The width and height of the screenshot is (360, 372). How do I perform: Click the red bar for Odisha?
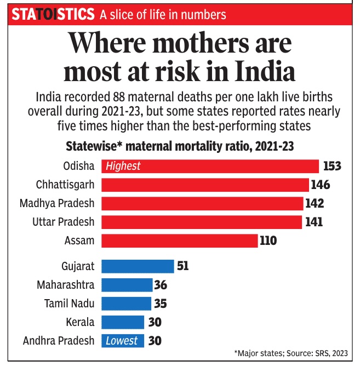pos(210,167)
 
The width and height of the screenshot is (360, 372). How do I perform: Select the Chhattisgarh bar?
pos(205,185)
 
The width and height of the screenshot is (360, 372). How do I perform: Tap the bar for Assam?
pos(180,241)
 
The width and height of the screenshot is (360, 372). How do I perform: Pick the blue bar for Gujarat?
pos(138,266)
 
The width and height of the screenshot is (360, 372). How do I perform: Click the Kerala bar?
pos(123,322)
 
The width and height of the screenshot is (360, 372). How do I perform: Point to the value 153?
pos(332,166)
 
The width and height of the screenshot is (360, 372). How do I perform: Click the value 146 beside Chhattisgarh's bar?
pos(321,185)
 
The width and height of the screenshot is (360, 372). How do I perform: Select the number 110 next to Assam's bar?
pos(268,241)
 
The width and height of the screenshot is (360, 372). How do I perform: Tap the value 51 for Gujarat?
pos(182,266)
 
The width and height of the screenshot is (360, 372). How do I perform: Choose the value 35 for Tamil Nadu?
pos(161,304)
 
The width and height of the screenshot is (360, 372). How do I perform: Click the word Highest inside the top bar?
pos(123,166)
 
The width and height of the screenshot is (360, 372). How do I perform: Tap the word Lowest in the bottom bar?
pos(122,341)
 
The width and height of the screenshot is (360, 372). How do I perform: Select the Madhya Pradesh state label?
pos(57,203)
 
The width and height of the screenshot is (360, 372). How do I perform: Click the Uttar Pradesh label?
pos(64,222)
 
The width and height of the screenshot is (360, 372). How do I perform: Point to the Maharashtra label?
pos(66,285)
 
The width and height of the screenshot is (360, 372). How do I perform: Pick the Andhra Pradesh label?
pos(59,341)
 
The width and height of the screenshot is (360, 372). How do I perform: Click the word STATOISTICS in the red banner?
pos(53,14)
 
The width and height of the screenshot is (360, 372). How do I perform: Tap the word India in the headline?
pos(265,71)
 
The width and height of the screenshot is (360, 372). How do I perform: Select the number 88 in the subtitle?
pos(119,97)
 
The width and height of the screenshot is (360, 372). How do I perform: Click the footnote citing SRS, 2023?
pos(291,353)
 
